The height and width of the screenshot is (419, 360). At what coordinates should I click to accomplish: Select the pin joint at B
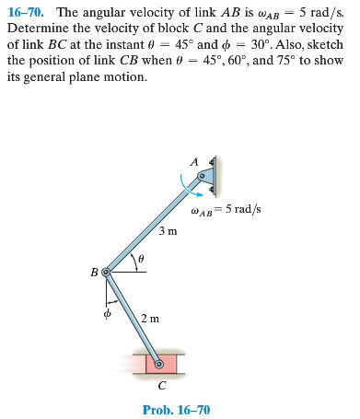coord(106,273)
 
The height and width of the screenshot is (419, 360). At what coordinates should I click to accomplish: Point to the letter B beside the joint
coord(93,273)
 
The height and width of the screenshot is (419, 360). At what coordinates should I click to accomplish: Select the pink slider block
coord(161,364)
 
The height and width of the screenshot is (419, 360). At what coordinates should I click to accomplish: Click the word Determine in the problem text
coord(37,29)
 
